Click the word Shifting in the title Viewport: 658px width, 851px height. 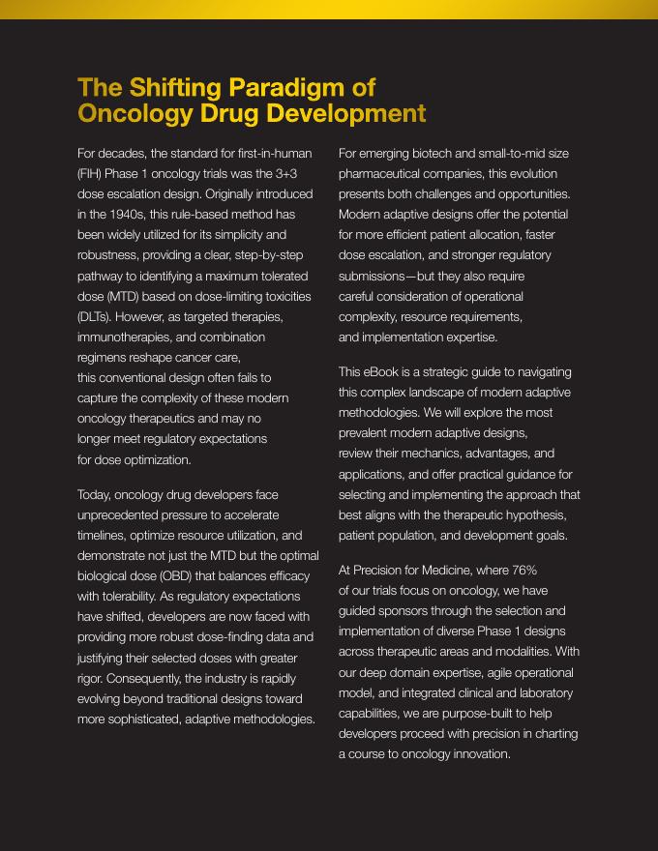[x=174, y=88]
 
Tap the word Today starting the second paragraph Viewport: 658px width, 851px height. [x=95, y=494]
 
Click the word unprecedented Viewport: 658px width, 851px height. [x=123, y=514]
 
